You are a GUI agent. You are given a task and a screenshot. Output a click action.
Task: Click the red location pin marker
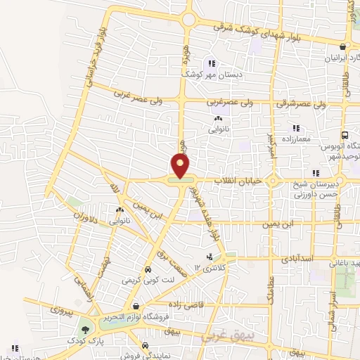pos(181,165)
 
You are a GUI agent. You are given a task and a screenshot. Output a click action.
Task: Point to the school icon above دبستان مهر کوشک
pos(212,64)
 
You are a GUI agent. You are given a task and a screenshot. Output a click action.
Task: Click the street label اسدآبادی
pos(296,259)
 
